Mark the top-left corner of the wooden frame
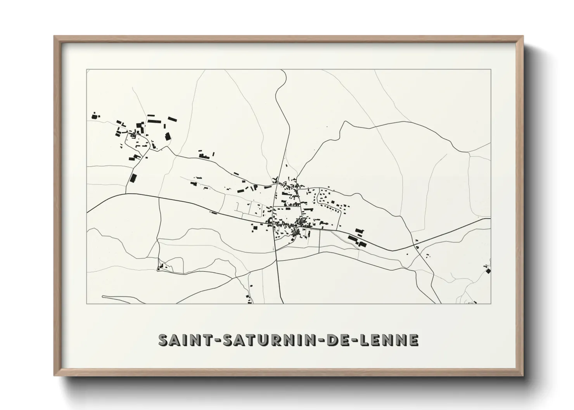pyautogui.click(x=54, y=36)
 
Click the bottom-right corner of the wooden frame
pyautogui.click(x=523, y=376)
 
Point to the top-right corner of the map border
pyautogui.click(x=491, y=70)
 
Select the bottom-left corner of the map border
pyautogui.click(x=87, y=303)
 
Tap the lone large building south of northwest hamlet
pyautogui.click(x=133, y=179)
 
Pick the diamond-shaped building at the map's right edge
pyautogui.click(x=488, y=270)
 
